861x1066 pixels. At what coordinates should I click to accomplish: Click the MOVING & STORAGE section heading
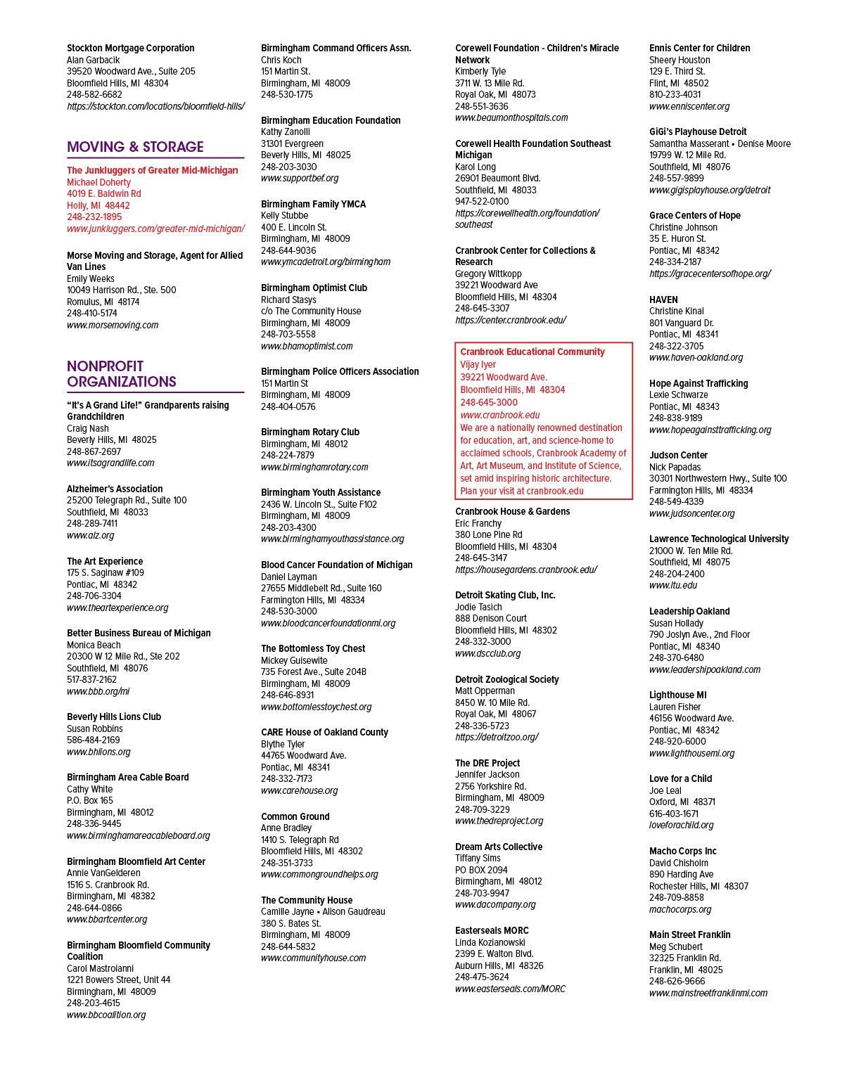coord(135,147)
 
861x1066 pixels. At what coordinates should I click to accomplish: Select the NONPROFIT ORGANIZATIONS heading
coord(122,374)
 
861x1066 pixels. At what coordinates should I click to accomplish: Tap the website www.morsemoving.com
coord(113,325)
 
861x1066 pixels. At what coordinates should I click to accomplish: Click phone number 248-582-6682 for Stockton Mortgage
coord(94,95)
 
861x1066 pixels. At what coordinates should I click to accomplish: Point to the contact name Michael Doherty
coord(99,182)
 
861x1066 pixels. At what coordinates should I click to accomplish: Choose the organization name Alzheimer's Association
coord(115,489)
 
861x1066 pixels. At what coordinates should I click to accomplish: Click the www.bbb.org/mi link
coord(98,691)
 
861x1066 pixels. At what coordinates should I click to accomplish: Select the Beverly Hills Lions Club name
coord(114,717)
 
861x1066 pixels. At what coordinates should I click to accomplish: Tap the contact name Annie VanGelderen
coord(103,873)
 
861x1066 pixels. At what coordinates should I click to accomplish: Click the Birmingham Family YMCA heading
coord(313,204)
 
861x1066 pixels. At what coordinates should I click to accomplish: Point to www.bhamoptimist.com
coord(307,346)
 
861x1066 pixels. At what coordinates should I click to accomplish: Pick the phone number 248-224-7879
coord(288,455)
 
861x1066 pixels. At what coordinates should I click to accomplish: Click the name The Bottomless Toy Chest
coord(313,648)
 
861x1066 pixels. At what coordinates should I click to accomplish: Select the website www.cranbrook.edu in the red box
coord(500,415)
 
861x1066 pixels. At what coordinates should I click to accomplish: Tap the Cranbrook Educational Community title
coord(532,352)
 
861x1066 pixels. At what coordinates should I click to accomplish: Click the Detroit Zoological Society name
coord(507,679)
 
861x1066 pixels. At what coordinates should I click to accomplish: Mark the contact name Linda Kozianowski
coord(490,942)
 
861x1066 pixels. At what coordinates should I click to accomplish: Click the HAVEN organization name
coord(663,300)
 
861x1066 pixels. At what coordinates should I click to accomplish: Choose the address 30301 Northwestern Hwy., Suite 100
coord(717,478)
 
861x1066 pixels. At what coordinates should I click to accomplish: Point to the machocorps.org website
coord(680,909)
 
